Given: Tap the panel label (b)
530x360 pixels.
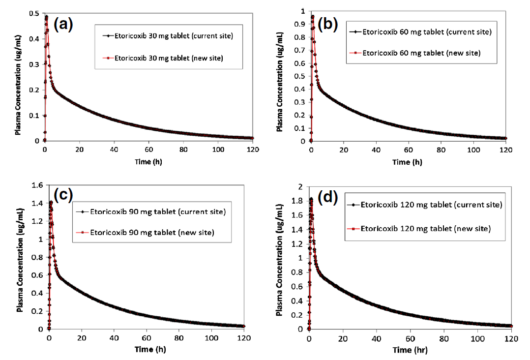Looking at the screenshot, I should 327,24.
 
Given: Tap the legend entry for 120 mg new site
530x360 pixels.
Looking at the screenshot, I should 426,229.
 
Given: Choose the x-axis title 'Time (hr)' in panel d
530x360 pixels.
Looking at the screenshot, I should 410,350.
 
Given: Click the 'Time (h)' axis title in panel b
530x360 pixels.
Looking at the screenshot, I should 407,162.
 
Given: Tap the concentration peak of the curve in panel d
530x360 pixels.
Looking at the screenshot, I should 311,199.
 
